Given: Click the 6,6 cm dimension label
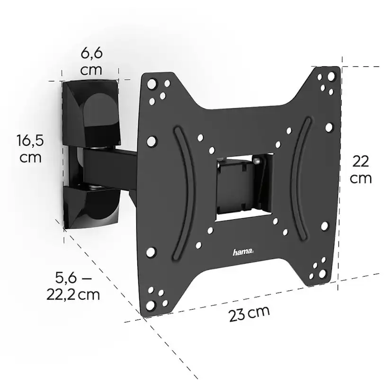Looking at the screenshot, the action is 91,62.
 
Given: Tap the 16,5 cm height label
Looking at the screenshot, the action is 30,149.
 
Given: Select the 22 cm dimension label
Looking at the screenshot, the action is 360,169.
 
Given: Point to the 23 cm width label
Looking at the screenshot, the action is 249,313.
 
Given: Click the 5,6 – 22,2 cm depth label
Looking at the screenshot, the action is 73,286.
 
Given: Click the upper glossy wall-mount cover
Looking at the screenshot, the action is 91,113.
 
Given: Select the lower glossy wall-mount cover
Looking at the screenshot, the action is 91,207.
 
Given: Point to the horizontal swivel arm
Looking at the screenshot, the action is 110,166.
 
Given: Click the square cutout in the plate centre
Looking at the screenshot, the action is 244,187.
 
